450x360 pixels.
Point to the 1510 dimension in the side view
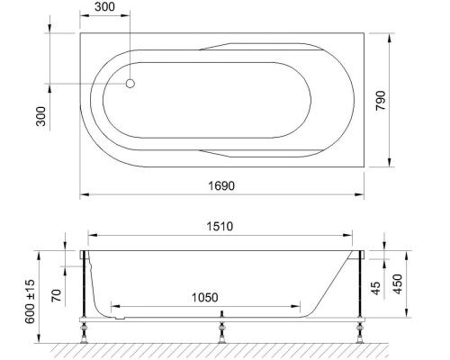click(221, 228)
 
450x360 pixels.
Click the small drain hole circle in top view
click(130, 84)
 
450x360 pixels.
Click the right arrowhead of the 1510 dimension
click(361, 239)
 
